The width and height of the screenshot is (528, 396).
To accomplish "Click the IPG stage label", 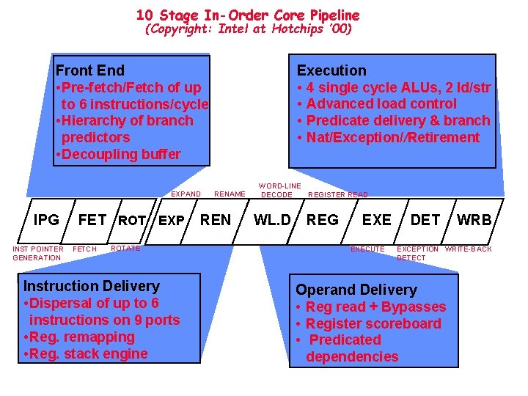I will tap(46, 219).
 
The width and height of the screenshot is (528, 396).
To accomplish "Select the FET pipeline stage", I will tap(92, 219).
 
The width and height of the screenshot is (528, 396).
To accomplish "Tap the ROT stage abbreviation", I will tap(132, 220).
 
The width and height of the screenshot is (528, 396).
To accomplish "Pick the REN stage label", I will tap(216, 219).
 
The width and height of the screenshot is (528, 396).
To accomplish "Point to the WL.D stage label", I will tap(272, 219).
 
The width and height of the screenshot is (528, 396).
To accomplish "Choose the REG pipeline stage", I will tap(323, 219).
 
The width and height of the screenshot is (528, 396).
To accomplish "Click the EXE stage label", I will tap(377, 219).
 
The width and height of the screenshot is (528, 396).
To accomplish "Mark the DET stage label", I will tap(425, 219).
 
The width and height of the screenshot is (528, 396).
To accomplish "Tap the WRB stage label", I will tap(474, 219).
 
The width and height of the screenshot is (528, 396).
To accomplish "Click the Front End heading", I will tap(90, 70).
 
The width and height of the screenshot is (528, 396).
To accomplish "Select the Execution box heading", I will tap(331, 70).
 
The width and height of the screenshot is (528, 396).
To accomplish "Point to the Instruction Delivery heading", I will tap(92, 286).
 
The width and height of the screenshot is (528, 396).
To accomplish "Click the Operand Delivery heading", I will tap(356, 290).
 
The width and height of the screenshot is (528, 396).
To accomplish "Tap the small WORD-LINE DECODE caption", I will tap(279, 190).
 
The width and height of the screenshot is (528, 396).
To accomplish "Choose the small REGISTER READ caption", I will tap(338, 194).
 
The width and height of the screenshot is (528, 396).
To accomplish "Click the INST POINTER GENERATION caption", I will tap(37, 253).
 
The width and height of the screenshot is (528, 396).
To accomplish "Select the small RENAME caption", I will tap(230, 194).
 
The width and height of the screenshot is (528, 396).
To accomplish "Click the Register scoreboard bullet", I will tap(373, 323).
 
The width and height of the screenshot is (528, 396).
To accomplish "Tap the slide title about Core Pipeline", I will tap(248, 15).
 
